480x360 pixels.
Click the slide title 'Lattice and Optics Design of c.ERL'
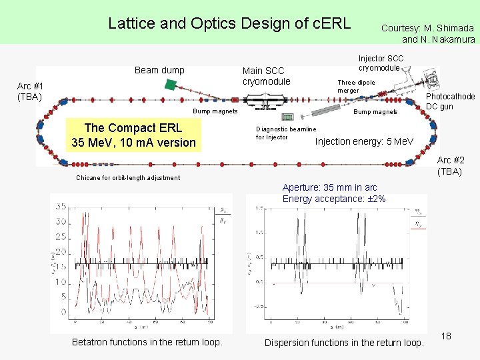[229, 23]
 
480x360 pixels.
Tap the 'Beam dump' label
[159, 70]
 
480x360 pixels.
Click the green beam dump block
[171, 85]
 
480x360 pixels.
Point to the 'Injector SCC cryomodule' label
[381, 63]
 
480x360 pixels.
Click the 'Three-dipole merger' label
[356, 86]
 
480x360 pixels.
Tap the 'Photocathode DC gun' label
[450, 101]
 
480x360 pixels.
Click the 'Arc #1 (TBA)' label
[31, 91]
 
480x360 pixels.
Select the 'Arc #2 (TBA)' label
[451, 165]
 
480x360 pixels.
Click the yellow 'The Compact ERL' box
[133, 135]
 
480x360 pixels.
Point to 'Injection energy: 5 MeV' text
[364, 141]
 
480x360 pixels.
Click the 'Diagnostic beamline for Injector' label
[286, 133]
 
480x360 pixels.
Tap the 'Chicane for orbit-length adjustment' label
[128, 178]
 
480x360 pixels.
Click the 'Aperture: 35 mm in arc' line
[329, 187]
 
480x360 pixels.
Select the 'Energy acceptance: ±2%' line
[333, 199]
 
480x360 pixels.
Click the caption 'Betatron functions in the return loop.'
[147, 342]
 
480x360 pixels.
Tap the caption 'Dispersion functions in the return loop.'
[344, 343]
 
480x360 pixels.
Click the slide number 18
[446, 336]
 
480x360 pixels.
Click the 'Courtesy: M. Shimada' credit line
[427, 28]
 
